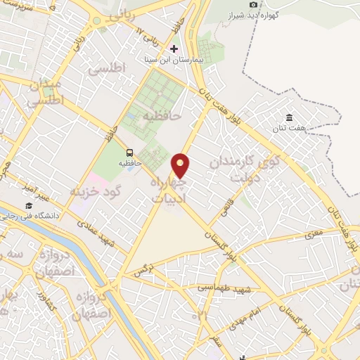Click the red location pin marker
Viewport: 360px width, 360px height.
[181, 165]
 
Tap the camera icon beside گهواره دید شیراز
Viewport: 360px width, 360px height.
[253, 5]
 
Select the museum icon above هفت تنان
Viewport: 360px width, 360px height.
[289, 117]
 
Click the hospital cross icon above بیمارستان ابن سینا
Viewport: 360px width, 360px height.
[174, 49]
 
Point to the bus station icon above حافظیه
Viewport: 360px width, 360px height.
[129, 152]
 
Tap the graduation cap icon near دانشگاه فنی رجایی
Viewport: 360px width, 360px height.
[29, 206]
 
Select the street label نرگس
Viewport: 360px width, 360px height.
[143, 269]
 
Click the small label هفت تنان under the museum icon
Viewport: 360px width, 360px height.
[289, 129]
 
